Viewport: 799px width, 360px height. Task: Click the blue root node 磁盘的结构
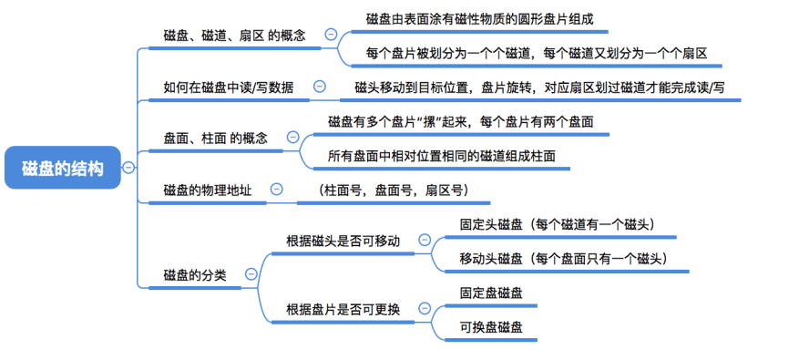pos(63,168)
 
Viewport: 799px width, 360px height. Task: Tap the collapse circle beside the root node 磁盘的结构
pos(128,168)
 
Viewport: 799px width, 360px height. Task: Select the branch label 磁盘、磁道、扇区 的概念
pos(234,36)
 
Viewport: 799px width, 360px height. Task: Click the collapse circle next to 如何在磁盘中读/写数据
pos(320,87)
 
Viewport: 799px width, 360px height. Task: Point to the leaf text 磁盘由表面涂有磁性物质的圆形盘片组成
pos(480,19)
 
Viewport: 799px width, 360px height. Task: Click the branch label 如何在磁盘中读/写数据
pos(229,87)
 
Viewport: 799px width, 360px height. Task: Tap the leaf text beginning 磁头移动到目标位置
pos(539,87)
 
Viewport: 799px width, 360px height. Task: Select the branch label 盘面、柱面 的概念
pos(215,139)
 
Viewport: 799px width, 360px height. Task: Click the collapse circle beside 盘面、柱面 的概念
pos(292,137)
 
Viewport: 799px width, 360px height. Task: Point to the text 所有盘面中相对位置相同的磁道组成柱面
pos(442,156)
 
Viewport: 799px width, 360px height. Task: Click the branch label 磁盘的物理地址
pos(208,190)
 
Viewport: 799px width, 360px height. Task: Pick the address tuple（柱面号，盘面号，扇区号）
pos(393,190)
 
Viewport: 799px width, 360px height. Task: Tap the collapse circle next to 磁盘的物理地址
pos(277,189)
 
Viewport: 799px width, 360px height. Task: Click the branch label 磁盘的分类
pos(195,275)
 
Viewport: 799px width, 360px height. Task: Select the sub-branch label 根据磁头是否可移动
pos(343,241)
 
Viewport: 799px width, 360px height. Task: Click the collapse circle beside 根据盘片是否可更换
pos(424,308)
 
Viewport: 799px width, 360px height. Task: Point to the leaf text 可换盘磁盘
pos(491,327)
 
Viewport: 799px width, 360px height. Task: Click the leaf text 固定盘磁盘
pos(491,293)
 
